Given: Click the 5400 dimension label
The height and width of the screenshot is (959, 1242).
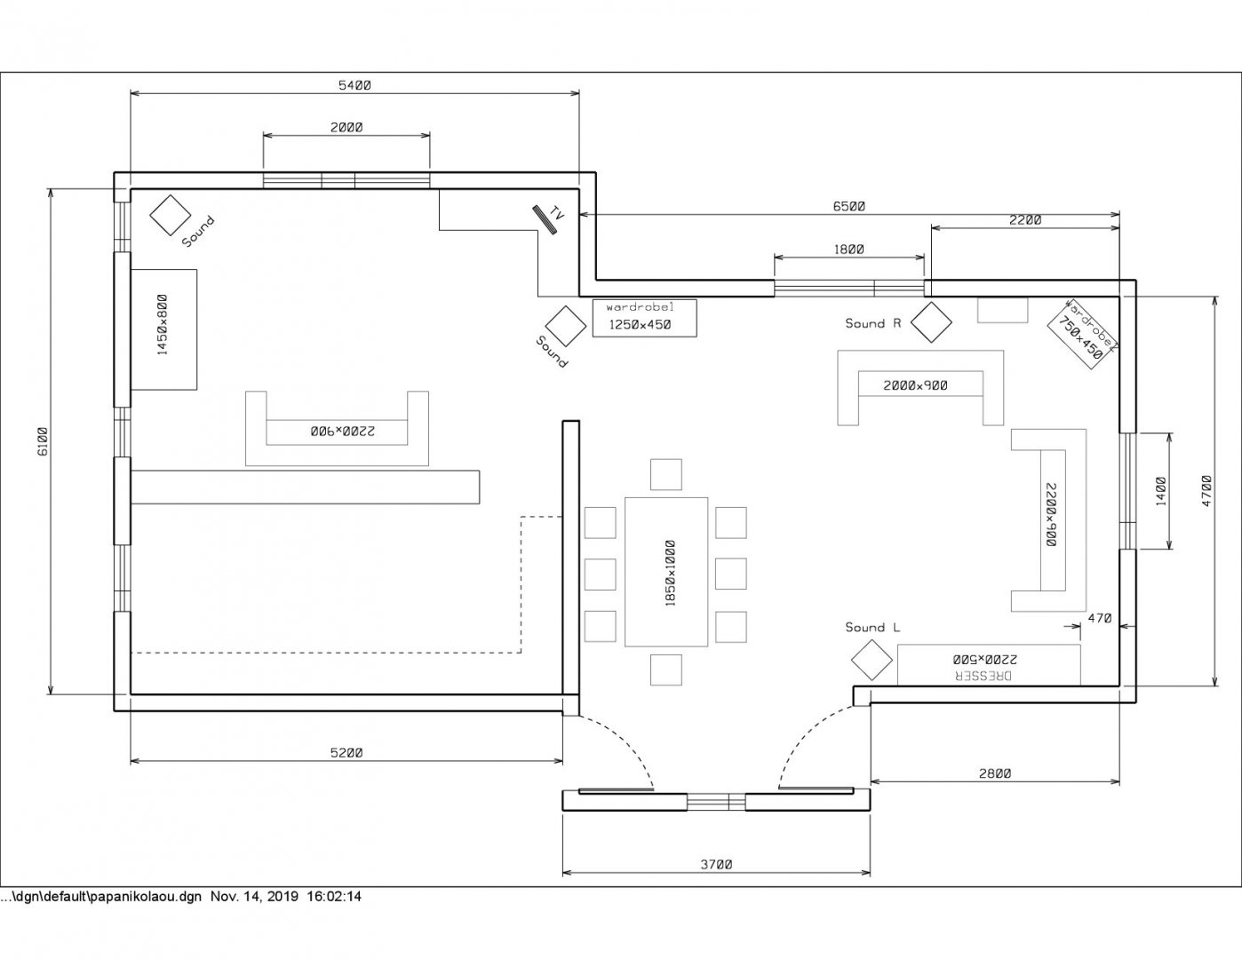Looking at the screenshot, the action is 354,85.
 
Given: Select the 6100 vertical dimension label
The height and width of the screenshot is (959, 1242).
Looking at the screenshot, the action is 43,441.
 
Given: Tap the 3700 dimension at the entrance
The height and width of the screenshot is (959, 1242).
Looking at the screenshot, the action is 716,864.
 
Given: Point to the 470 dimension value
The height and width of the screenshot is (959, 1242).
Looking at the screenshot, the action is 1099,618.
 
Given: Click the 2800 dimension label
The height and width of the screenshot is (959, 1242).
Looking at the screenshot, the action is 995,773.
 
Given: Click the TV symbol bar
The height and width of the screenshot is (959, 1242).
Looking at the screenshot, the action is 545,220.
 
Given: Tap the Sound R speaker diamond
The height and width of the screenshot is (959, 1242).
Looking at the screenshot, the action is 931,322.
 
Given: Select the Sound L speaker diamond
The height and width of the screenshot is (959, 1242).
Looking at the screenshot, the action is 872,661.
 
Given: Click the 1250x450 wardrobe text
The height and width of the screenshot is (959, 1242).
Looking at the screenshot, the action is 640,325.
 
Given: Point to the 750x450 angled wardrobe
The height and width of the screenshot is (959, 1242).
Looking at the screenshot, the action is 1083,334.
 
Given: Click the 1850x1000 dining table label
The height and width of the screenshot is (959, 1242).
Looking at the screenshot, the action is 671,573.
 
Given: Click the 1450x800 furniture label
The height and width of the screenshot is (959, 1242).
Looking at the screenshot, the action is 163,325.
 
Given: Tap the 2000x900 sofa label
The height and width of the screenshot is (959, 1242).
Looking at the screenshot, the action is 915,385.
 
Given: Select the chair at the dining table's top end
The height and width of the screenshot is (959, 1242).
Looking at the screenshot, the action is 666,474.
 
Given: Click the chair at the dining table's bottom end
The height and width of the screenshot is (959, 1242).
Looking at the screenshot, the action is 666,670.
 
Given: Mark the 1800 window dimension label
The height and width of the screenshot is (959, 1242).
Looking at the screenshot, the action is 848,249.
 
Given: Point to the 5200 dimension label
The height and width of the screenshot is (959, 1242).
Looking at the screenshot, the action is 346,753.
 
